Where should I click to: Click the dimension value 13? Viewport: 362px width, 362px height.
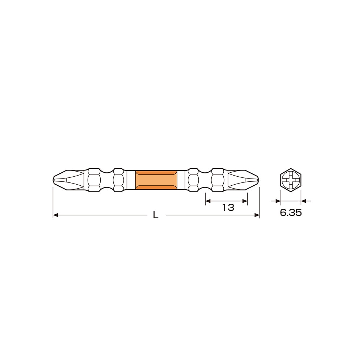[228, 207]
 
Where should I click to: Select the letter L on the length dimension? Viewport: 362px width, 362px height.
[156, 215]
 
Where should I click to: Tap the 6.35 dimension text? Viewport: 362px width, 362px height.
[291, 213]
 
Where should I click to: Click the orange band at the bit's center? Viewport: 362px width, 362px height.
[156, 180]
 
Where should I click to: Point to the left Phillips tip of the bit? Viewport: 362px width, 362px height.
[65, 180]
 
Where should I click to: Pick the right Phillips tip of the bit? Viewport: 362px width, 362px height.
[245, 180]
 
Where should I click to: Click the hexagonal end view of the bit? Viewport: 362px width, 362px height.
[291, 180]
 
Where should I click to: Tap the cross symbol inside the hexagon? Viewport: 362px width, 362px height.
[291, 180]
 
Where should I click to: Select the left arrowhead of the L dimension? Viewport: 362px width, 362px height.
[55, 215]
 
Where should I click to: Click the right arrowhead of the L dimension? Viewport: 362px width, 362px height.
[257, 215]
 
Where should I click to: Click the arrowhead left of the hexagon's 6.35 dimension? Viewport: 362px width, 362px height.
[278, 201]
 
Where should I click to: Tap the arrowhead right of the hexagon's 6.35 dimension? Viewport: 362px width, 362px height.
[304, 201]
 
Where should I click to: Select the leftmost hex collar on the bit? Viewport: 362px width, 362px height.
[94, 180]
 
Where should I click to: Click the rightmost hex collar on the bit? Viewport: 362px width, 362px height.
[218, 180]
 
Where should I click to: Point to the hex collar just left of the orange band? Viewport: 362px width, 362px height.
[118, 180]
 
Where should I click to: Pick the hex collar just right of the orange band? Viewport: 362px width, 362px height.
[193, 180]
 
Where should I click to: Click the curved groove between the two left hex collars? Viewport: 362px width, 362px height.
[106, 180]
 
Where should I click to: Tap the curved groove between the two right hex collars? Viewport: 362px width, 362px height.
[205, 180]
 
